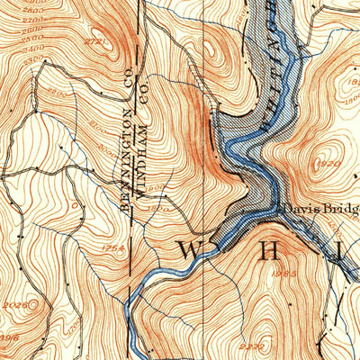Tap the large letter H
point(268,251)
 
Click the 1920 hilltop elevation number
point(328,165)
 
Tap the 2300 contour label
point(31,58)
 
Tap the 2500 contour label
point(31,39)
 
